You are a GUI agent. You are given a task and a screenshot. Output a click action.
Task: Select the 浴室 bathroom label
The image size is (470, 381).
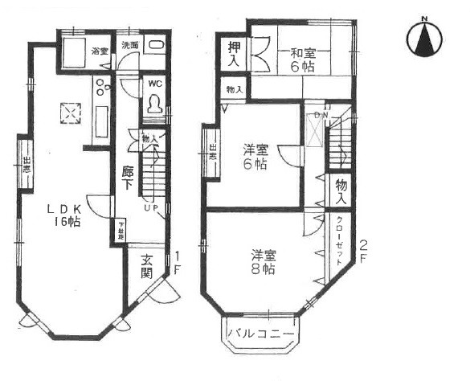[x=100, y=51]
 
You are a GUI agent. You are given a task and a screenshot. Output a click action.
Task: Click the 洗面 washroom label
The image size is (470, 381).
[x=130, y=46]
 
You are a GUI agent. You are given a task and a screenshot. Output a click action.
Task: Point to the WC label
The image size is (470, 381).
[x=155, y=83]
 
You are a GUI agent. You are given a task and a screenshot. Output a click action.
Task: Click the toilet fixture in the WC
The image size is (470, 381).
[x=154, y=104]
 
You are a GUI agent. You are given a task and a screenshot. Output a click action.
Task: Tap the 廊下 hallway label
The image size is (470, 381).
[x=128, y=176]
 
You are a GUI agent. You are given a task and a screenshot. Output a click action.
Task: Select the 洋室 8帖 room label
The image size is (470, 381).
[x=263, y=262]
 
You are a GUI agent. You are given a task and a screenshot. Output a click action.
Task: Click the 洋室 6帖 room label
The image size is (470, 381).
[x=256, y=157]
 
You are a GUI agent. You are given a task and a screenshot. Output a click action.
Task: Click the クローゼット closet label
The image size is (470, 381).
[x=340, y=242]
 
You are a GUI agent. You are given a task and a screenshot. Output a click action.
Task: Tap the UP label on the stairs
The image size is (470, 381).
[x=149, y=209]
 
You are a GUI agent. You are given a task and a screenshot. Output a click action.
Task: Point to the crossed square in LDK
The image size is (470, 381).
[x=74, y=113]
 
